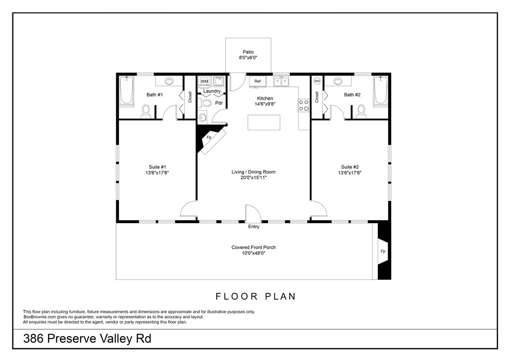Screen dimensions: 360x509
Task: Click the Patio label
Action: pyautogui.click(x=248, y=52)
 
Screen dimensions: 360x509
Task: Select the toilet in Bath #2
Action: pyautogui.click(x=361, y=110)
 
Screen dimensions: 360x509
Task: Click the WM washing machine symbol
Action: pyautogui.click(x=204, y=81)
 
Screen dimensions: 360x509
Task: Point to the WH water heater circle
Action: pyautogui.click(x=317, y=81)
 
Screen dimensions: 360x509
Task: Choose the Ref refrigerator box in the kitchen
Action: pyautogui.click(x=257, y=81)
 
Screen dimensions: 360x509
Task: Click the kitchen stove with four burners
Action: pyautogui.click(x=304, y=105)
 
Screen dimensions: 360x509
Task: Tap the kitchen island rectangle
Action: pyautogui.click(x=264, y=122)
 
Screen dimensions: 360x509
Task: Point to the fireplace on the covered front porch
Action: pyautogui.click(x=383, y=251)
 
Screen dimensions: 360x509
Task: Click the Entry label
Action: pyautogui.click(x=254, y=227)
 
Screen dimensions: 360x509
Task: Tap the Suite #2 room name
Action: pyautogui.click(x=350, y=167)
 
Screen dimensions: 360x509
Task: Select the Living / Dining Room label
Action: pyautogui.click(x=254, y=172)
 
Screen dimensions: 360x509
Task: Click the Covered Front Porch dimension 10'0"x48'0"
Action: pyautogui.click(x=254, y=253)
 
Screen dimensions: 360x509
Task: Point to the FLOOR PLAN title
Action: pyautogui.click(x=255, y=296)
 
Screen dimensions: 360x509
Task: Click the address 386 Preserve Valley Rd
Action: pyautogui.click(x=87, y=340)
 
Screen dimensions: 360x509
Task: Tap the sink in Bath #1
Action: pyautogui.click(x=169, y=81)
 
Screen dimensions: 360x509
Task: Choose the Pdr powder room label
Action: pyautogui.click(x=218, y=103)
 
